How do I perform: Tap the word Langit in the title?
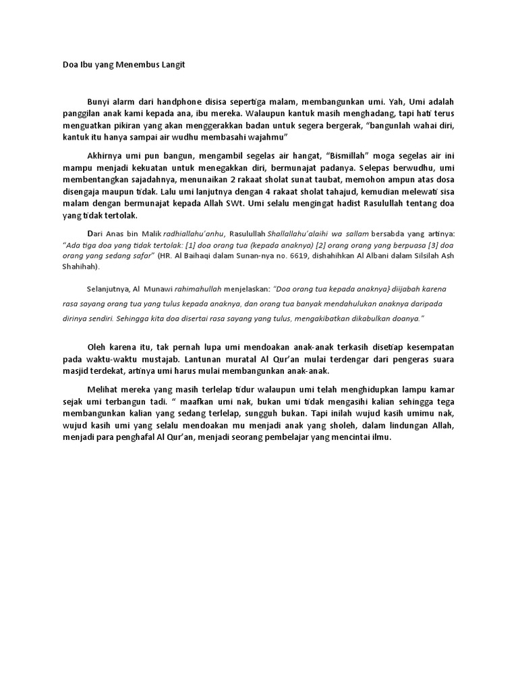[169, 65]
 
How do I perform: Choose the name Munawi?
[156, 287]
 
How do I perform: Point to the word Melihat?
[105, 389]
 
